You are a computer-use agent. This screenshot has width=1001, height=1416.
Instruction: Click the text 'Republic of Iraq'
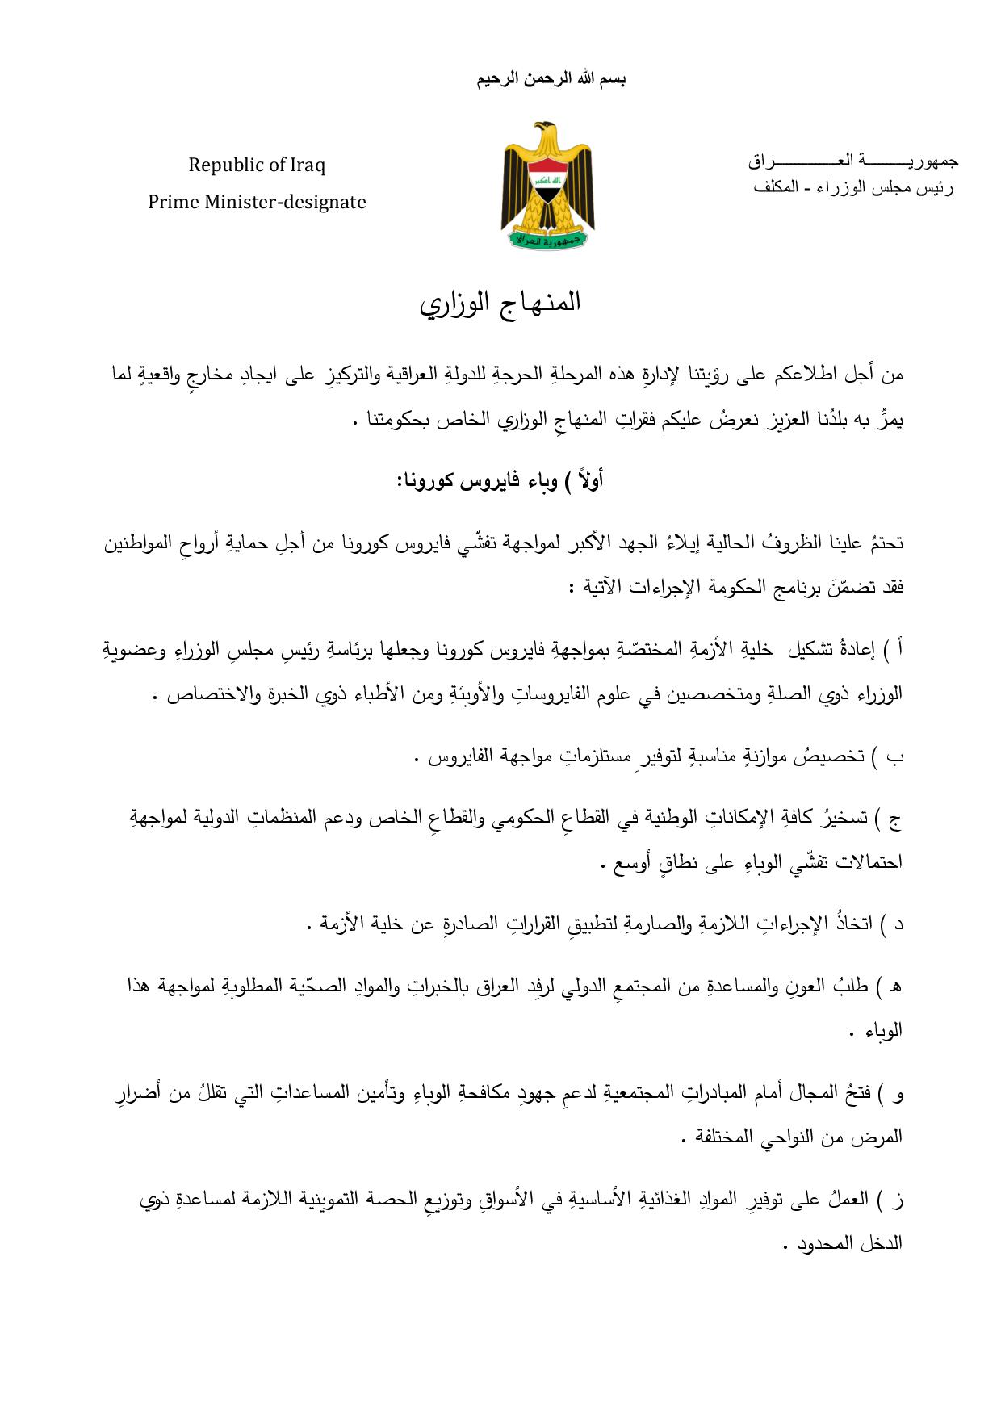pyautogui.click(x=257, y=165)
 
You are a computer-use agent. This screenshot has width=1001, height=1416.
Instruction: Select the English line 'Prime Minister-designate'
pyautogui.click(x=257, y=202)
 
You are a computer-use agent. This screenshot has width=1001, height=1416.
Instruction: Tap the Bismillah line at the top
pyautogui.click(x=551, y=78)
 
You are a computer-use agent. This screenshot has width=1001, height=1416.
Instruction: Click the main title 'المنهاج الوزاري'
pyautogui.click(x=500, y=303)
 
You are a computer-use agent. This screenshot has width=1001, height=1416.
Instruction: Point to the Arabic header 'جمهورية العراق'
pyautogui.click(x=852, y=161)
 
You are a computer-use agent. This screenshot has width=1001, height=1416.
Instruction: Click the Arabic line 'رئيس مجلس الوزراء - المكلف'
pyautogui.click(x=852, y=187)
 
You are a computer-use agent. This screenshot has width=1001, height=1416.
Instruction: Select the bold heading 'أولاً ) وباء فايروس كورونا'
pyautogui.click(x=500, y=482)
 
